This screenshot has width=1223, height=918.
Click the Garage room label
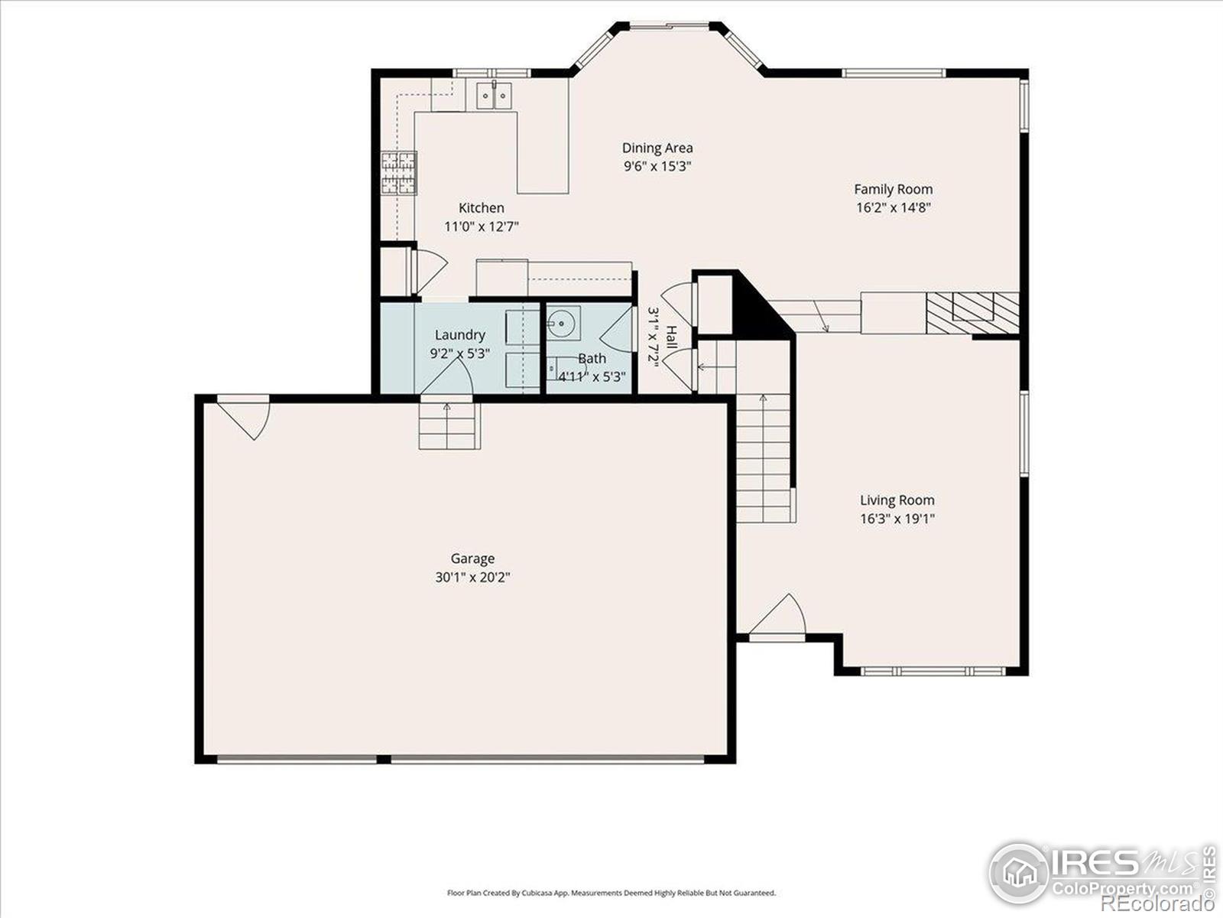472,559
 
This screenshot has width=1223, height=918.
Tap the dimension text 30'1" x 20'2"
472,578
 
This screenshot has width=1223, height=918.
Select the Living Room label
897,500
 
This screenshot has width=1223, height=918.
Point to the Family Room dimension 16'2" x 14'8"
893,207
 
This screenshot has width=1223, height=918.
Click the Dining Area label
657,148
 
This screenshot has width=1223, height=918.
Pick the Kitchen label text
481,207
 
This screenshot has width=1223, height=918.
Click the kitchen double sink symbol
495,96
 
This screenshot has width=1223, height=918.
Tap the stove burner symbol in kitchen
398,173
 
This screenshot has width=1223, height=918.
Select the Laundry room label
459,335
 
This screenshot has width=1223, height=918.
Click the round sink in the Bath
563,322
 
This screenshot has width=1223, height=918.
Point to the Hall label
670,338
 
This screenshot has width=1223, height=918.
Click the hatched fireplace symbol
972,312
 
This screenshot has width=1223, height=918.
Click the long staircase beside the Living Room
763,459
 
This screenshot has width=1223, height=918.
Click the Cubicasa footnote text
611,893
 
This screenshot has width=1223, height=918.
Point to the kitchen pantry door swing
428,270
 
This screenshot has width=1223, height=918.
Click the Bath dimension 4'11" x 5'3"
592,376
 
